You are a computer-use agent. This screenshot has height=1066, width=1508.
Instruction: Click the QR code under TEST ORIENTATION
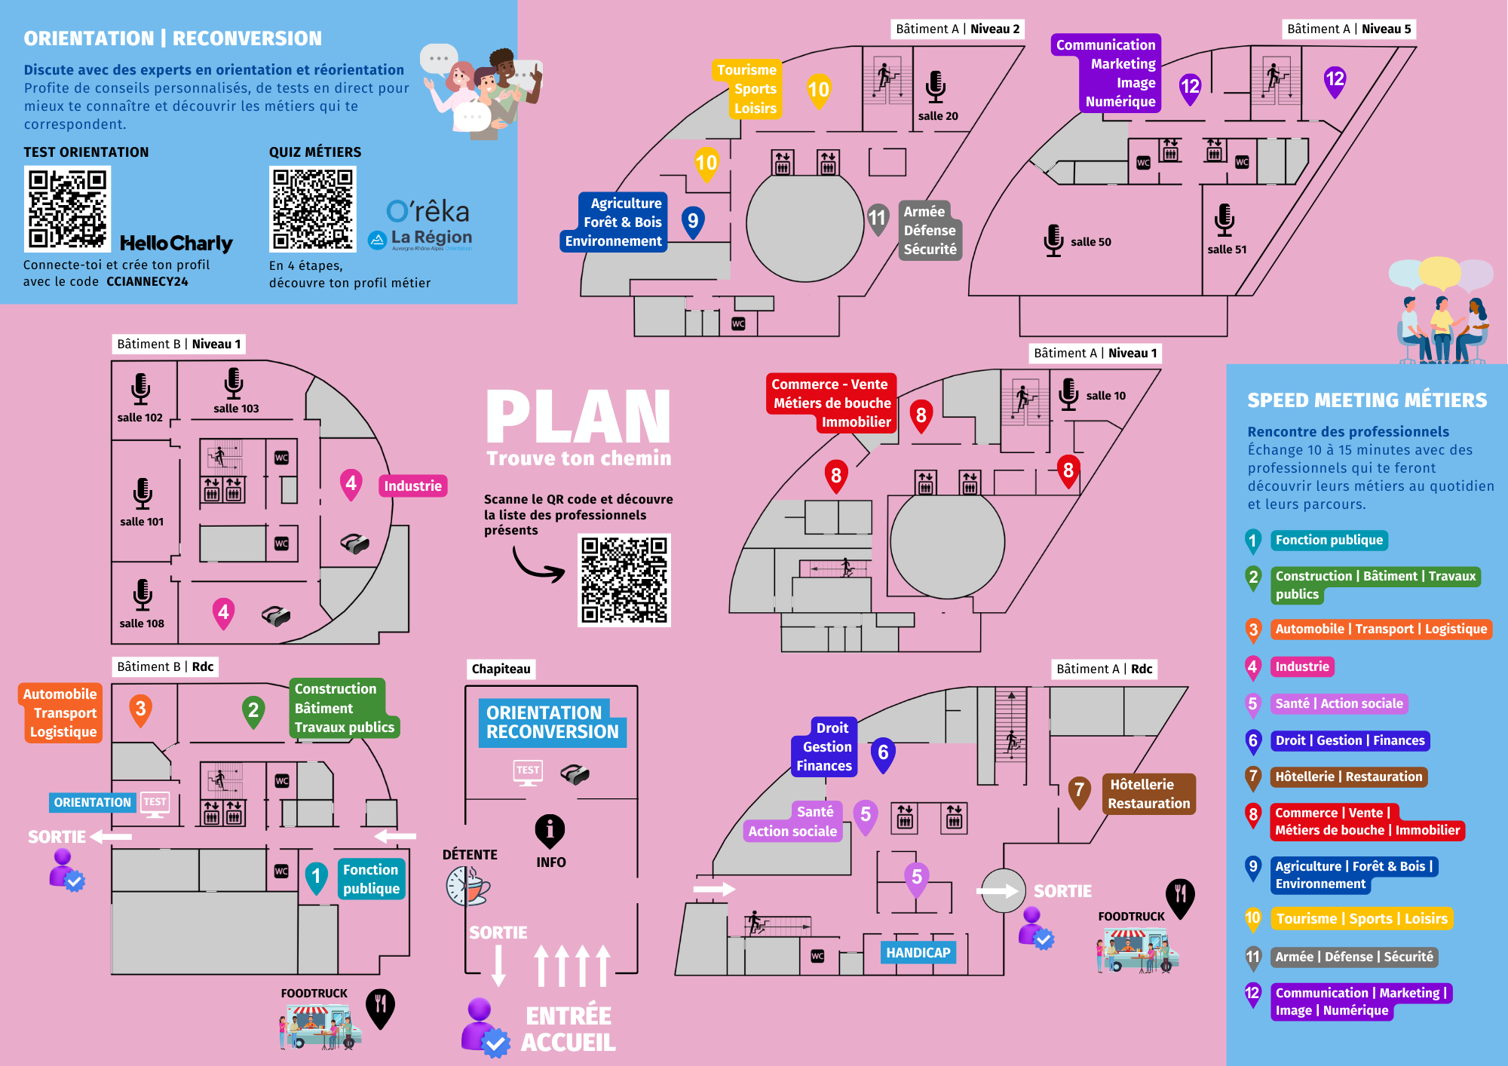[67, 209]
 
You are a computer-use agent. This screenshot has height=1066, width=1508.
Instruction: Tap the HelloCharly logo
[176, 243]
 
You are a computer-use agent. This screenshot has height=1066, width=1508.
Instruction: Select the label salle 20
[938, 116]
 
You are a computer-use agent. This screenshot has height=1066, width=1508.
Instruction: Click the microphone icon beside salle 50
[1053, 240]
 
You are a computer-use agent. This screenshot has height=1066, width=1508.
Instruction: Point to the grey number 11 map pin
[877, 219]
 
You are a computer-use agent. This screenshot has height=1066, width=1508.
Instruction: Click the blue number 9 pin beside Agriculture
[693, 222]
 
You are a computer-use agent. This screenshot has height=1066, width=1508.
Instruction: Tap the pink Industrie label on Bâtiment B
[412, 486]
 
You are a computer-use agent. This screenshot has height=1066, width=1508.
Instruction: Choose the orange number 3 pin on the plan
[140, 710]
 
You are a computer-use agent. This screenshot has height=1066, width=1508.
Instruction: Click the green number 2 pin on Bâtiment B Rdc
[253, 711]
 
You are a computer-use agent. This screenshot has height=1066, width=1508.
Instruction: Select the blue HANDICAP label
[918, 953]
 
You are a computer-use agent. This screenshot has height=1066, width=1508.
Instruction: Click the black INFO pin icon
[550, 831]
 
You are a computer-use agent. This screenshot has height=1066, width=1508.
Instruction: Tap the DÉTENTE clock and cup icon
[467, 886]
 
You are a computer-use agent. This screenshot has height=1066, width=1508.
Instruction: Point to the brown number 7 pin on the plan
[1079, 792]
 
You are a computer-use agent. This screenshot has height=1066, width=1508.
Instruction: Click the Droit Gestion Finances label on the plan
[824, 747]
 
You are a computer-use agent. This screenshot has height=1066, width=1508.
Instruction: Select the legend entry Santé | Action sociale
[1338, 704]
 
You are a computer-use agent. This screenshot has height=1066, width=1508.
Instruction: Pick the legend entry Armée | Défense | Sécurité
[1353, 957]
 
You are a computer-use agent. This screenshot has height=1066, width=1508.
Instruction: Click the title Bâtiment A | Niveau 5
[1348, 29]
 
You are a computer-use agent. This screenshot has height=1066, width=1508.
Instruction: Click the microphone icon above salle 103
[234, 383]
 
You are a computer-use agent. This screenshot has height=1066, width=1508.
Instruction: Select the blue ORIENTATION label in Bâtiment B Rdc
[93, 803]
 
